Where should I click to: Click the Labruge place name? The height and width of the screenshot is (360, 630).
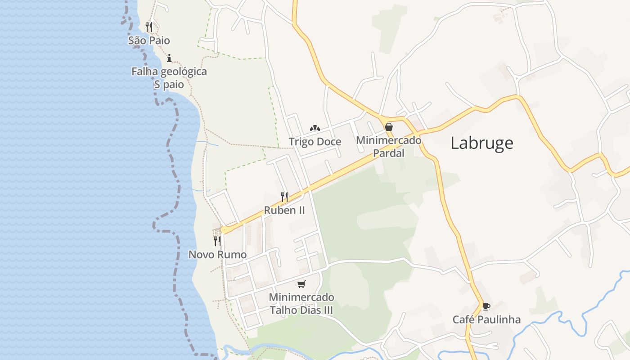coord(481,143)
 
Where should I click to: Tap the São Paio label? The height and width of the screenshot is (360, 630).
coord(149,40)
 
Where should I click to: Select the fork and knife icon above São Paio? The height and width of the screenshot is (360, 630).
coord(149,27)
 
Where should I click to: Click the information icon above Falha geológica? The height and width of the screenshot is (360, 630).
coord(169,58)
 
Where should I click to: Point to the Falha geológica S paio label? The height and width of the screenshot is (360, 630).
coord(169,78)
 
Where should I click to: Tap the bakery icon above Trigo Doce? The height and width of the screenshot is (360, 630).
coord(315,128)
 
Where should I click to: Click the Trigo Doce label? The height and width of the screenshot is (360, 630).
coord(315,142)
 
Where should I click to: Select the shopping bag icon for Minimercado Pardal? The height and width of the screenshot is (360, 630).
coord(389,127)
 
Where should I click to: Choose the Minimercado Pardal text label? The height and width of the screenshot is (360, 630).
coord(389,146)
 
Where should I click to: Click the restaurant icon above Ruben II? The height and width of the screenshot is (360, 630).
coord(284,197)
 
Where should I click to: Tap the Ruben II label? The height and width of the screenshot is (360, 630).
coord(284,210)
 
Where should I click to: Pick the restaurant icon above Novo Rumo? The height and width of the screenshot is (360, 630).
coord(217,241)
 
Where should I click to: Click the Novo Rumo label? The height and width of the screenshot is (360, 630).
coord(217,255)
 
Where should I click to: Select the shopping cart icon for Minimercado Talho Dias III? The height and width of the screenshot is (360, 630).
coord(301,284)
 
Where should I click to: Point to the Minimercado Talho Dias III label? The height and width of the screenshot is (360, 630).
coord(301,304)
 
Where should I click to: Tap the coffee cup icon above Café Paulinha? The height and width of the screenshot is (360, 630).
coord(486,306)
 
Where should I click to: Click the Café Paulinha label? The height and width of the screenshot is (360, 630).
coord(486,320)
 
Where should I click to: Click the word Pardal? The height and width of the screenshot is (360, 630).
coord(389,153)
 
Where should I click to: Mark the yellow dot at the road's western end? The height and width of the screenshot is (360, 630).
coord(225,230)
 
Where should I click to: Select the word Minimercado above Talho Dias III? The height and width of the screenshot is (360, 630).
coord(301,297)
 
